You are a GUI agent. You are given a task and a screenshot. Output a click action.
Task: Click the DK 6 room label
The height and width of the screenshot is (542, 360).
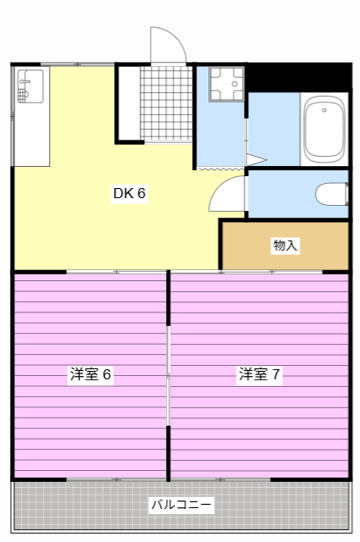pyautogui.click(x=130, y=193)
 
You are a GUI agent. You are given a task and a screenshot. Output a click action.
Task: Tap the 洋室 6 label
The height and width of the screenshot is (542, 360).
pyautogui.click(x=91, y=374)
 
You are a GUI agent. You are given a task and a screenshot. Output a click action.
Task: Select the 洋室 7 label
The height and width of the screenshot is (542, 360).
pyautogui.click(x=259, y=374)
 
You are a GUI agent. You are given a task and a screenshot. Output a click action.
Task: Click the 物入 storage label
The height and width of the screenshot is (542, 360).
pyautogui.click(x=285, y=246)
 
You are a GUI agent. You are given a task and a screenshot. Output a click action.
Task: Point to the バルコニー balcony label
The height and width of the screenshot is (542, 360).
pyautogui.click(x=181, y=506)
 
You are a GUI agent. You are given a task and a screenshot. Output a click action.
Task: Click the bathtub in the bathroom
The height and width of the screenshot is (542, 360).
pyautogui.click(x=324, y=130)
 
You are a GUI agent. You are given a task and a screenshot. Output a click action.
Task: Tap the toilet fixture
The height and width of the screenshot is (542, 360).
pyautogui.click(x=331, y=195)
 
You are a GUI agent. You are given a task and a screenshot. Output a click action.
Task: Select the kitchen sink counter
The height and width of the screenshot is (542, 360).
pyautogui.click(x=31, y=115)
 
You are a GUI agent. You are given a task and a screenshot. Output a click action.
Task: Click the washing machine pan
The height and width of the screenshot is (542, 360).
pyautogui.click(x=226, y=84)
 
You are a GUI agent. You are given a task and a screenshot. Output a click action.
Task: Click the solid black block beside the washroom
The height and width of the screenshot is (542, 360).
pyautogui.click(x=296, y=77)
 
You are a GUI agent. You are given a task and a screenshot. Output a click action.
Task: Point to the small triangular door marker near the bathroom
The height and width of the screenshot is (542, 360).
pyautogui.click(x=256, y=158)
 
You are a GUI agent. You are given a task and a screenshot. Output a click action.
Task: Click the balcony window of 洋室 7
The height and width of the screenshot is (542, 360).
pyautogui.click(x=254, y=480)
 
